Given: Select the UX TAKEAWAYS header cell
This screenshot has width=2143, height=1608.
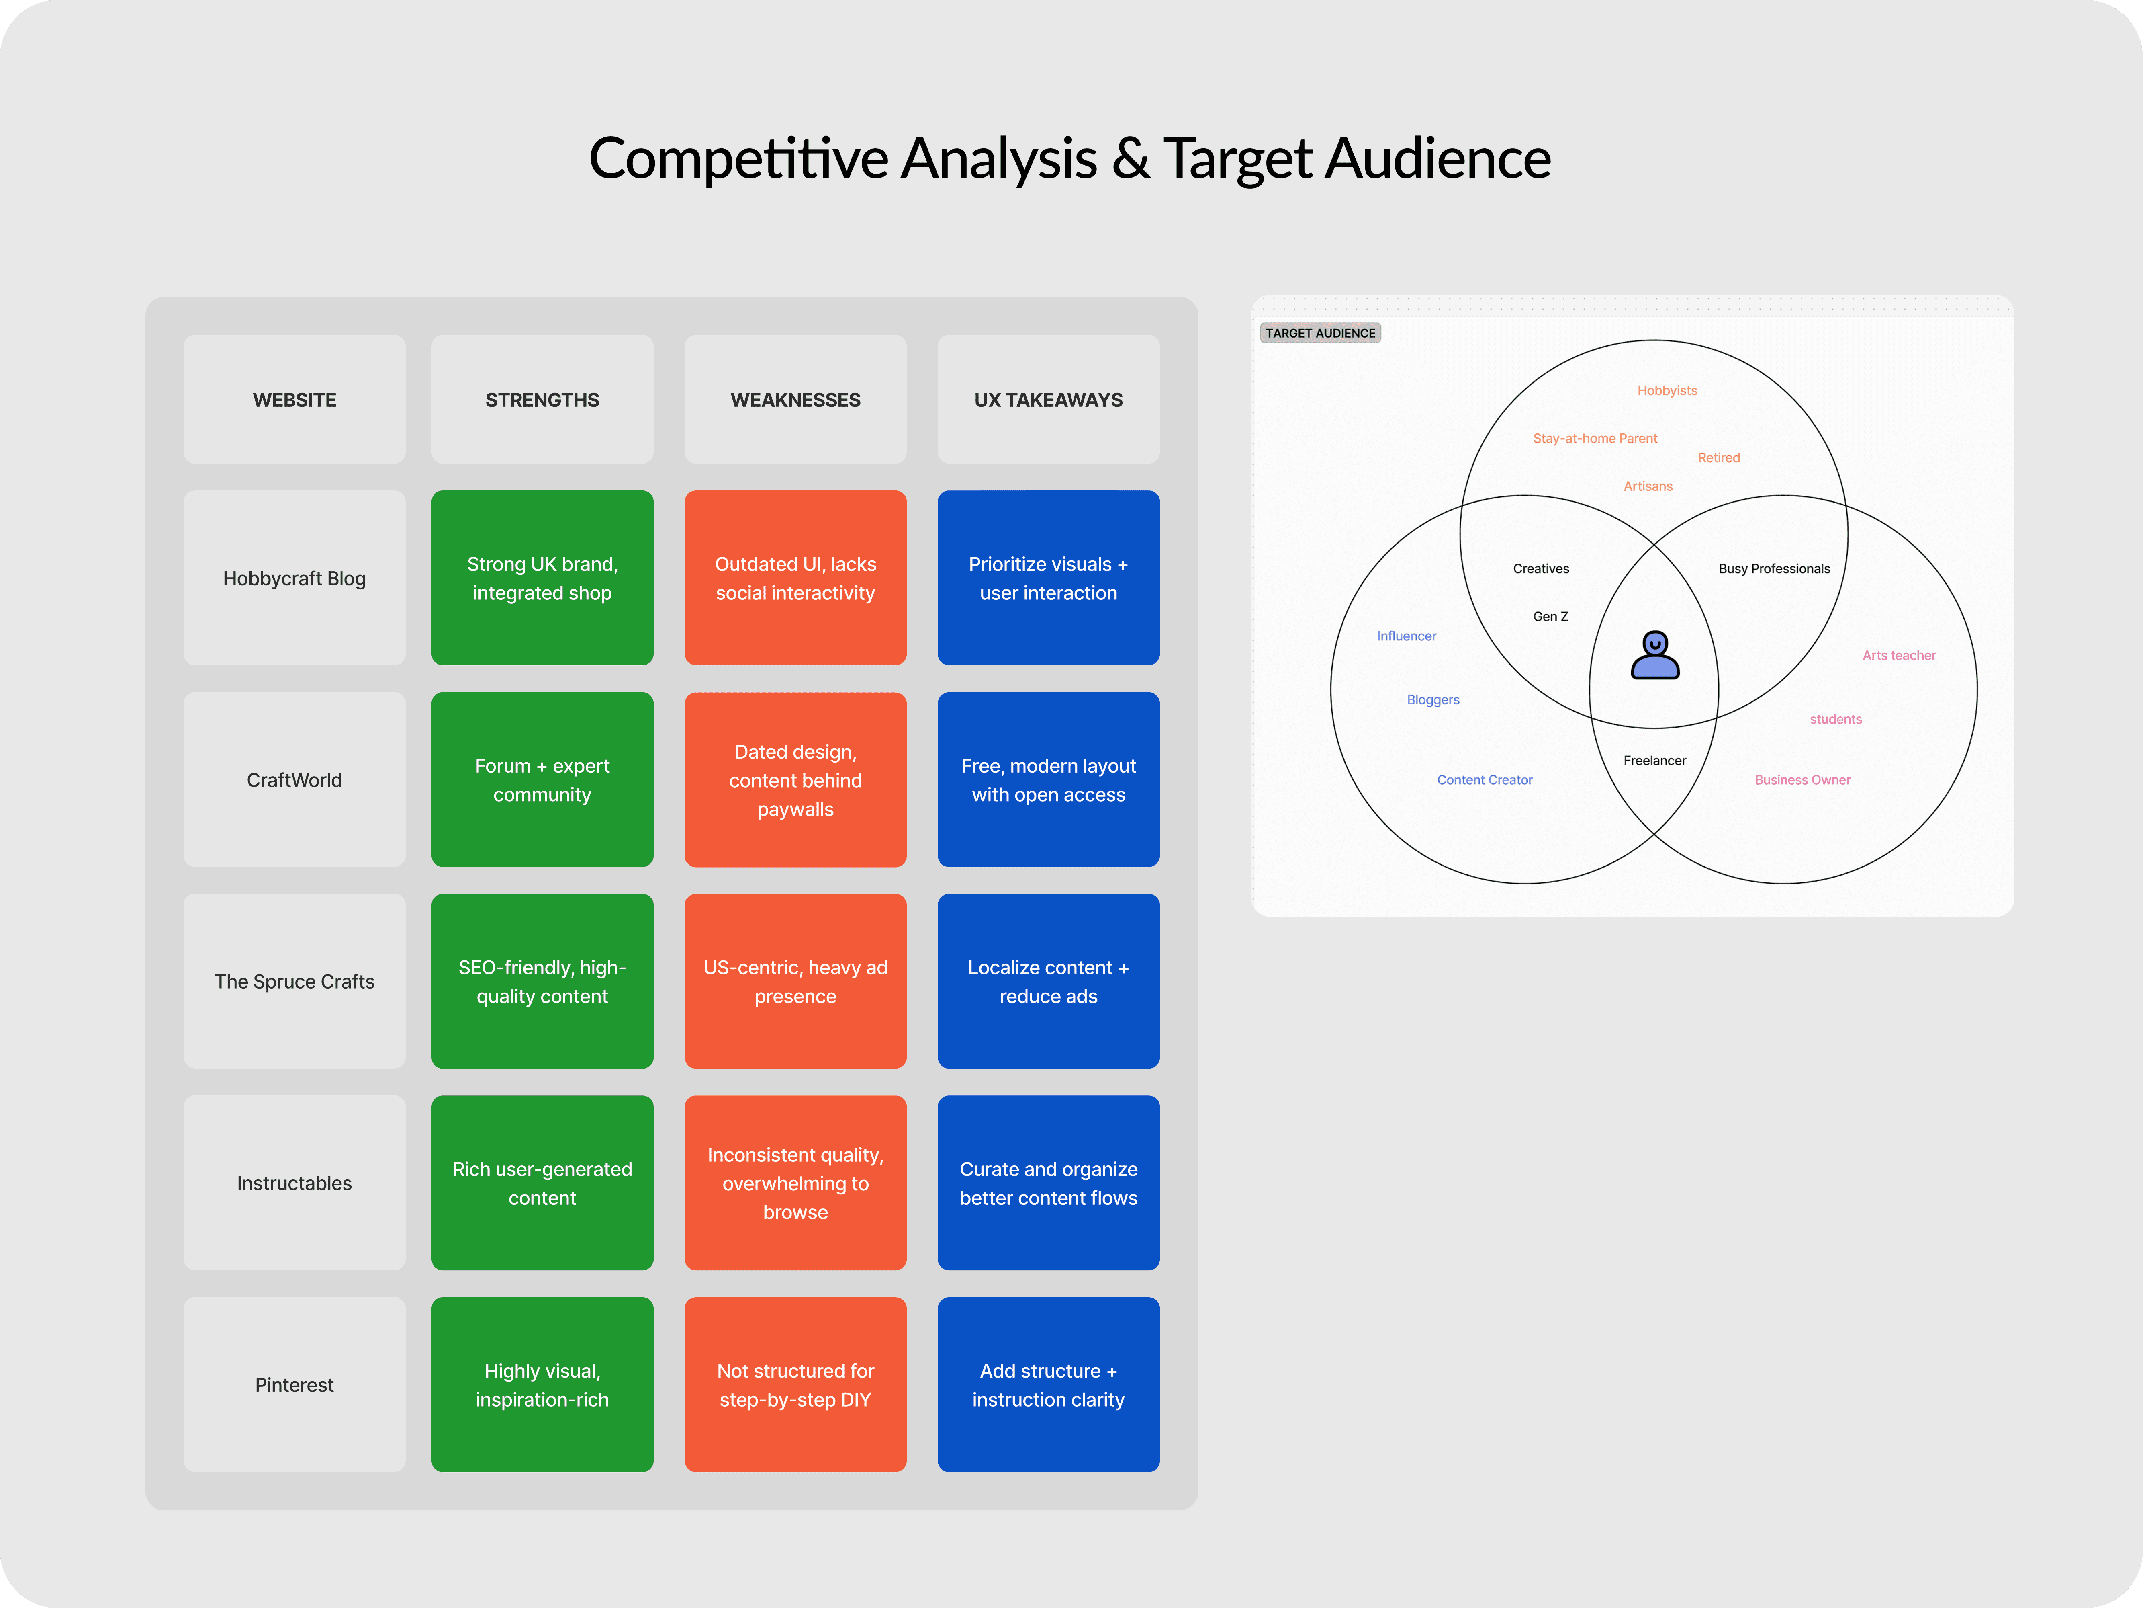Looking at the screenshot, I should (x=1048, y=399).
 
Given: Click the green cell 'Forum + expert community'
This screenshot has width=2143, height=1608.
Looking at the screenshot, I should (x=542, y=779).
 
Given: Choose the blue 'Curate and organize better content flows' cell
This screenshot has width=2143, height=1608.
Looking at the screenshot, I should (x=1048, y=1183).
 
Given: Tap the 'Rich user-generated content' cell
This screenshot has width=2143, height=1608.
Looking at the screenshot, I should (x=542, y=1183).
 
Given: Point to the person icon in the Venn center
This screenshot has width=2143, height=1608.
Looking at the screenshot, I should (x=1655, y=656).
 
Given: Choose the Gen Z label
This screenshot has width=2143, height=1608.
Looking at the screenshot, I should (x=1550, y=616).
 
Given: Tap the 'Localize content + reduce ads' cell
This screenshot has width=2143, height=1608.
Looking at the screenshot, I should (x=1048, y=981).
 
